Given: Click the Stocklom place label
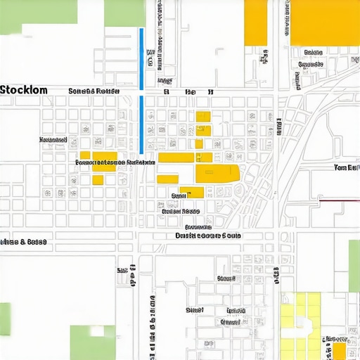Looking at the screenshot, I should tap(25, 90).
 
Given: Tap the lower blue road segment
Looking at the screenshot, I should tap(142, 124).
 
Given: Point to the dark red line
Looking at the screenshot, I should tap(340, 200).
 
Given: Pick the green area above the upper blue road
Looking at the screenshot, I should tap(124, 13).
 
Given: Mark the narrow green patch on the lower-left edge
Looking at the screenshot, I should tap(5, 323).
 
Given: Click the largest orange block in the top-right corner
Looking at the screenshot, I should tap(324, 22).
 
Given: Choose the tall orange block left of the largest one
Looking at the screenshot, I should tap(255, 22).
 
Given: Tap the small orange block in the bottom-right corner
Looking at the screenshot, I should tap(339, 351).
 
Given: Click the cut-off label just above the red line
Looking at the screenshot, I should tap(346, 168).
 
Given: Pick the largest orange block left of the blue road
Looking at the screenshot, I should tap(104, 161).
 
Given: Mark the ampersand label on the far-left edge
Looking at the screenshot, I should tap(23, 242).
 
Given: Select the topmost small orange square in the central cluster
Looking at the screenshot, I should tap(203, 117).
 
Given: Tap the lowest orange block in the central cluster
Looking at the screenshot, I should tap(191, 192).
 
